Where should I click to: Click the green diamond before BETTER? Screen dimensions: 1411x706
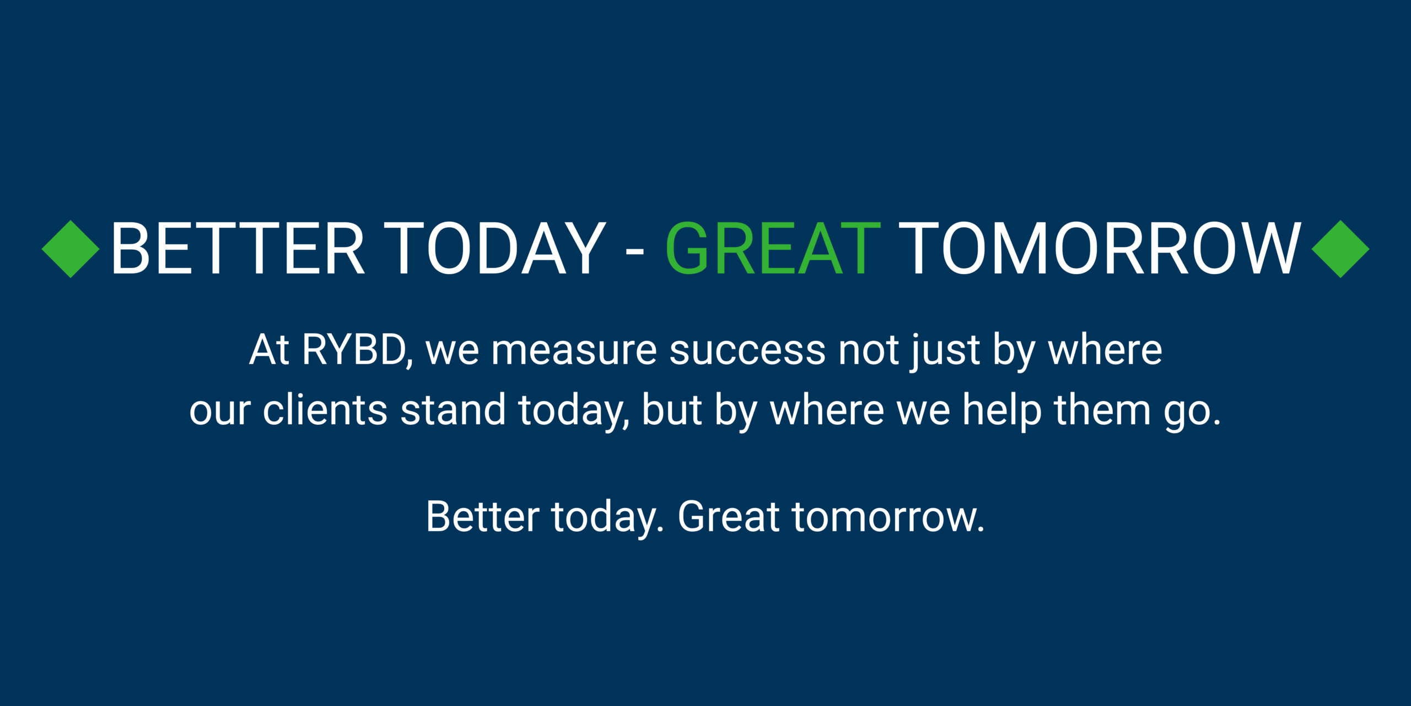pyautogui.click(x=71, y=249)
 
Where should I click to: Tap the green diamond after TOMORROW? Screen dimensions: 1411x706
pyautogui.click(x=1340, y=249)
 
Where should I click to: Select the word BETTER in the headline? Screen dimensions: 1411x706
pyautogui.click(x=238, y=249)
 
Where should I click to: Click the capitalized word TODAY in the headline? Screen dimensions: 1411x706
pyautogui.click(x=494, y=249)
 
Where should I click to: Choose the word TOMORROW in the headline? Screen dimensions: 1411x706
pyautogui.click(x=1100, y=249)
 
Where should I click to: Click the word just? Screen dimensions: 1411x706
pyautogui.click(x=945, y=352)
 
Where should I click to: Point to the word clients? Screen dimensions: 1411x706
pyautogui.click(x=325, y=409)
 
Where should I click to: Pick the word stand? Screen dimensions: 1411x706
pyautogui.click(x=453, y=409)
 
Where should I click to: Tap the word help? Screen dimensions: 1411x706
pyautogui.click(x=1002, y=411)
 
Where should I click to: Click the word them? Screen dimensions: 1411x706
pyautogui.click(x=1102, y=409)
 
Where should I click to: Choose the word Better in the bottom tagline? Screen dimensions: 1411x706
pyautogui.click(x=483, y=516)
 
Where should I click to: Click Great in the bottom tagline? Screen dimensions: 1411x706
pyautogui.click(x=729, y=516)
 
